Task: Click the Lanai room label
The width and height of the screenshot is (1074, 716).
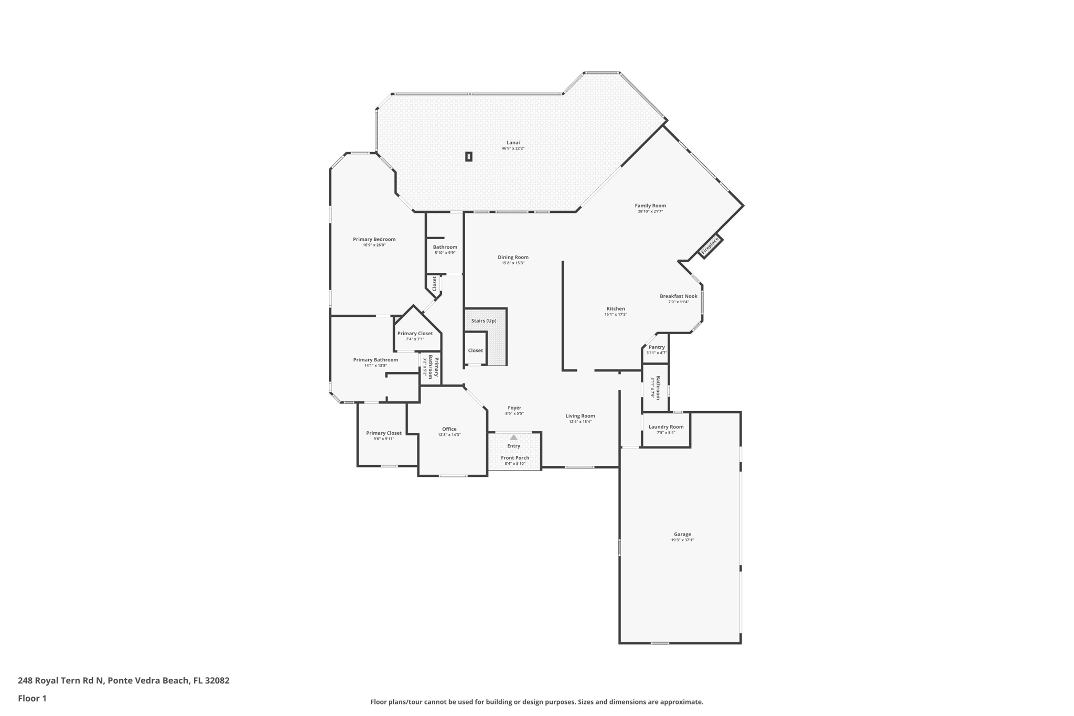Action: click(513, 143)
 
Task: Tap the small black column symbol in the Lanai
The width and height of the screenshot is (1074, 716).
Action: click(469, 156)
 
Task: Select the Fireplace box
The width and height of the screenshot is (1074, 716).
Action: click(711, 247)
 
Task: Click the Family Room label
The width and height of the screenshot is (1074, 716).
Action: click(650, 206)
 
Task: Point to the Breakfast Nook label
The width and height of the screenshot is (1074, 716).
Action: click(679, 296)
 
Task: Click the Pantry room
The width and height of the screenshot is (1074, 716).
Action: click(657, 349)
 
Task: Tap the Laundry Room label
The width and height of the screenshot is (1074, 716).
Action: click(666, 427)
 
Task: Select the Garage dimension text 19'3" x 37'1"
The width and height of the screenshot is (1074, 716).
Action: click(682, 540)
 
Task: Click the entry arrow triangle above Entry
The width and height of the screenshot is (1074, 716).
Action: click(514, 437)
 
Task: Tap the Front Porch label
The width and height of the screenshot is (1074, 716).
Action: click(515, 458)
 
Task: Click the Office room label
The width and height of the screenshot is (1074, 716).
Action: click(449, 429)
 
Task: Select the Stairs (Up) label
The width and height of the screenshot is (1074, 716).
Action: click(484, 321)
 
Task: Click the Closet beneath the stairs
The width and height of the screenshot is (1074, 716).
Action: click(476, 350)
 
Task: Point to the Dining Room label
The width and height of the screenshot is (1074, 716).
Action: click(513, 258)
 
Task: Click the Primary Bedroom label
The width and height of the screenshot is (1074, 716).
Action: click(374, 240)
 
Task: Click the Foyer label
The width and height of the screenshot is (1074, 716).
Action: click(514, 408)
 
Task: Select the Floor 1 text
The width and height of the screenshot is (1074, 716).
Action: click(32, 698)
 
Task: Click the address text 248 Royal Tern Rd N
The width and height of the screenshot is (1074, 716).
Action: click(61, 680)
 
